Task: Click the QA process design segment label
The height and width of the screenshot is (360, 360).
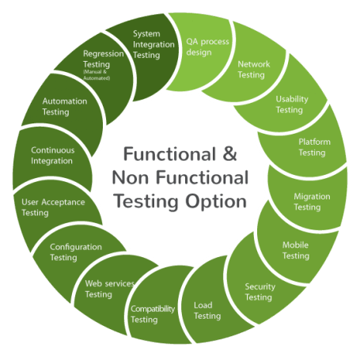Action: pyautogui.click(x=207, y=47)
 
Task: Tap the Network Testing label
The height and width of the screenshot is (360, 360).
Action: pyautogui.click(x=254, y=70)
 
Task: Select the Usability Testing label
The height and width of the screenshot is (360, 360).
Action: pyautogui.click(x=292, y=104)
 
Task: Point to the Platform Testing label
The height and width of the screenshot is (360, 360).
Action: pyautogui.click(x=314, y=147)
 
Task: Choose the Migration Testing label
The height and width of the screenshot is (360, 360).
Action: pyautogui.click(x=312, y=202)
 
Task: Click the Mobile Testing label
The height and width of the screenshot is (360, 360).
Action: pyautogui.click(x=296, y=250)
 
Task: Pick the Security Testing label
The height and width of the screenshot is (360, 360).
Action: pyautogui.click(x=260, y=292)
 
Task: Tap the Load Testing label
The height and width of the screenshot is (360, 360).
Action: pyautogui.click(x=207, y=310)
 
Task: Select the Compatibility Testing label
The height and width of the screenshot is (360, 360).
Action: pyautogui.click(x=153, y=314)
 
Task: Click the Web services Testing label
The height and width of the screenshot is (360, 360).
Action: pyautogui.click(x=110, y=289)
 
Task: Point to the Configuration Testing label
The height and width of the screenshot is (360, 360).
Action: pyautogui.click(x=76, y=252)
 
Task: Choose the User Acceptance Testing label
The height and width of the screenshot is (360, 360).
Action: pyautogui.click(x=53, y=207)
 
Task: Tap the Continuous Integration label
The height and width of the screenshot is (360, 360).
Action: pyautogui.click(x=53, y=155)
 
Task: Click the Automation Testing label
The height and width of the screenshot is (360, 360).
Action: pyautogui.click(x=65, y=107)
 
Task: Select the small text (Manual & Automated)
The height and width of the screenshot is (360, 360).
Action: pyautogui.click(x=97, y=75)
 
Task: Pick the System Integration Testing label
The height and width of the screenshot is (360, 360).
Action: pyautogui.click(x=153, y=44)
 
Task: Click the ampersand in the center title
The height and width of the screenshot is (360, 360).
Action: pyautogui.click(x=229, y=153)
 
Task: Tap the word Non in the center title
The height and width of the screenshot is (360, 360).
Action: pyautogui.click(x=131, y=177)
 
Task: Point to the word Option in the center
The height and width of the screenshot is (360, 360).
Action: pyautogui.click(x=216, y=202)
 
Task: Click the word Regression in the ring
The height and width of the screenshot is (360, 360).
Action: pyautogui.click(x=104, y=54)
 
